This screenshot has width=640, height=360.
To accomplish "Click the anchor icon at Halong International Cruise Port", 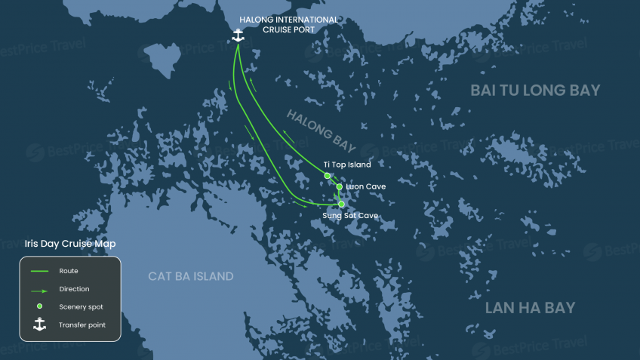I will pos(238,35).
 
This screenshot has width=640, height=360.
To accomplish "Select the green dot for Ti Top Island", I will pos(328,176).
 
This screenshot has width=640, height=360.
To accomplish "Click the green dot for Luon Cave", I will pos(340,186).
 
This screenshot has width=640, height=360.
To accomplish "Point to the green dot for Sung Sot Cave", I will pos(341,204).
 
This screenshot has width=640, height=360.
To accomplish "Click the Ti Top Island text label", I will pos(347,164).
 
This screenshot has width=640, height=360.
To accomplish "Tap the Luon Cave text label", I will pos(365,186).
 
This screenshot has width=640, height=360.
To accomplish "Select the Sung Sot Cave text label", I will pos(350,216).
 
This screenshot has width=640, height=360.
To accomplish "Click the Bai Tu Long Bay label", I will pos(535,91).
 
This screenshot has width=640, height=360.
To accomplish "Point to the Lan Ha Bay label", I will pos(530,308).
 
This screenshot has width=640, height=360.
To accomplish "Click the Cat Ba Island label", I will pos(191,276).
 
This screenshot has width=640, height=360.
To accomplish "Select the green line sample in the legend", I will pos(39,270).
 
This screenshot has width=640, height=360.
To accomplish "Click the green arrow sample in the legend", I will pos(39,289).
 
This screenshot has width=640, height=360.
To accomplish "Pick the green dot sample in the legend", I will pos(39,306).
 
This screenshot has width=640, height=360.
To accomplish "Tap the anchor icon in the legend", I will pos(39,325).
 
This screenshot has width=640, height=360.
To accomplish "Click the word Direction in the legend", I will pos(74,289).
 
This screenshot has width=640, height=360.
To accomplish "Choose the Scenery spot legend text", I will pos(81,306).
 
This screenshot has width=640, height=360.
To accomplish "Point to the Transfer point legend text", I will pos(82,325).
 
